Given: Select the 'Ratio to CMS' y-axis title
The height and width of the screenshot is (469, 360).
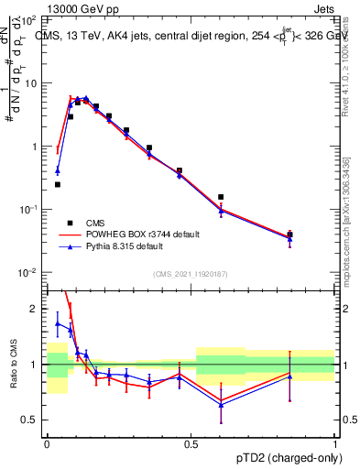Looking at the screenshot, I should (x=12, y=364).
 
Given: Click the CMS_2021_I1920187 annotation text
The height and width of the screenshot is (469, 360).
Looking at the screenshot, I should (x=191, y=274).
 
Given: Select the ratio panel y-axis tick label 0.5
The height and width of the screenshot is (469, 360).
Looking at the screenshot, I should (x=29, y=420).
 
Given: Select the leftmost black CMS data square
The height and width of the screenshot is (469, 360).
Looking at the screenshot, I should (x=58, y=184).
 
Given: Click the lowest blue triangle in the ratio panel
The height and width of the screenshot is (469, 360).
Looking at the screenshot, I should (x=221, y=405).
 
